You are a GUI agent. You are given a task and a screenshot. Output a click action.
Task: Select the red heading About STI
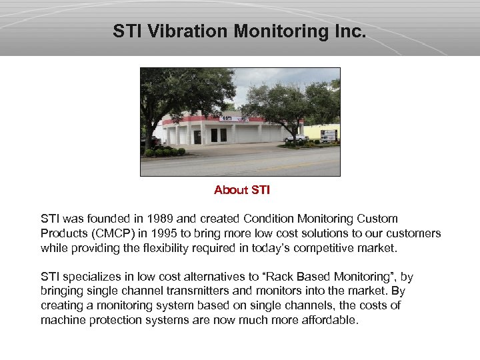tap(241, 190)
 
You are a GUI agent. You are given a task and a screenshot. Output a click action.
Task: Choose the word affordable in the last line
tap(330, 320)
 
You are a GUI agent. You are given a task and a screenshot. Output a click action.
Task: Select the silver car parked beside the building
tap(294, 138)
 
